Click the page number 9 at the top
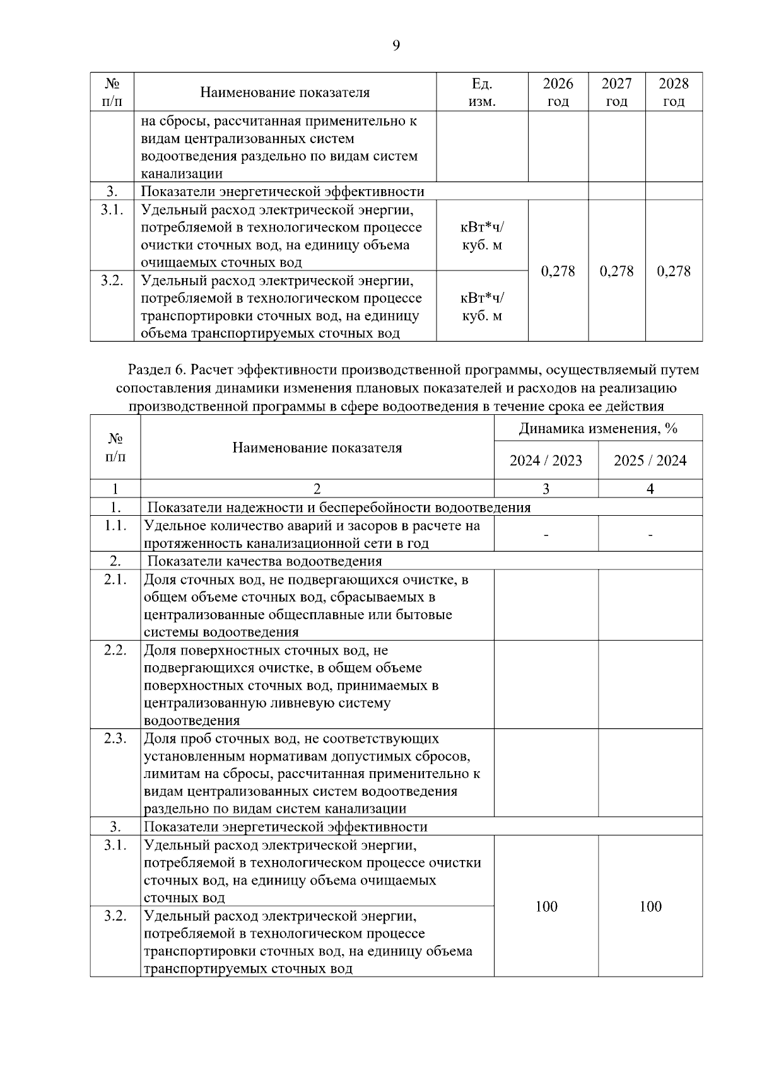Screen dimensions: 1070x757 click(x=396, y=45)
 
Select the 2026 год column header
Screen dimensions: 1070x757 click(x=558, y=92)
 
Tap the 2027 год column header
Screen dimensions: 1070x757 click(x=616, y=92)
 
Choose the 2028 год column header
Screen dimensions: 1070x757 click(x=674, y=92)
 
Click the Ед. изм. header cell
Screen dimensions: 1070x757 click(x=482, y=92)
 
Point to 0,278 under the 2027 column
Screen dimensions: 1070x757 click(x=616, y=271)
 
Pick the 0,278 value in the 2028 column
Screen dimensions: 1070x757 click(x=674, y=271)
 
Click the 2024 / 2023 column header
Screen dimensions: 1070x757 click(x=546, y=460)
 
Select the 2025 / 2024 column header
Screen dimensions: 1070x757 click(x=650, y=460)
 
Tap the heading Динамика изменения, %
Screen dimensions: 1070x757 click(x=597, y=429)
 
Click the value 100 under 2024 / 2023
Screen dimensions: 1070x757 click(x=546, y=907)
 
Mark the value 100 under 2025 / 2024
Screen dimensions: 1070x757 click(x=650, y=907)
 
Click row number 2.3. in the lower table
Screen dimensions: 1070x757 click(x=115, y=738)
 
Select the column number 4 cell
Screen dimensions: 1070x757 click(x=650, y=489)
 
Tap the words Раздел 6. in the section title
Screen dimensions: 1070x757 click(x=155, y=369)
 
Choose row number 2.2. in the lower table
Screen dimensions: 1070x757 click(x=115, y=650)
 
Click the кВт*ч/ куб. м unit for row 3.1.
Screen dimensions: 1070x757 click(x=482, y=236)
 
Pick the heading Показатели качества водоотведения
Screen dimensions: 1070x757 click(x=264, y=561)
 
